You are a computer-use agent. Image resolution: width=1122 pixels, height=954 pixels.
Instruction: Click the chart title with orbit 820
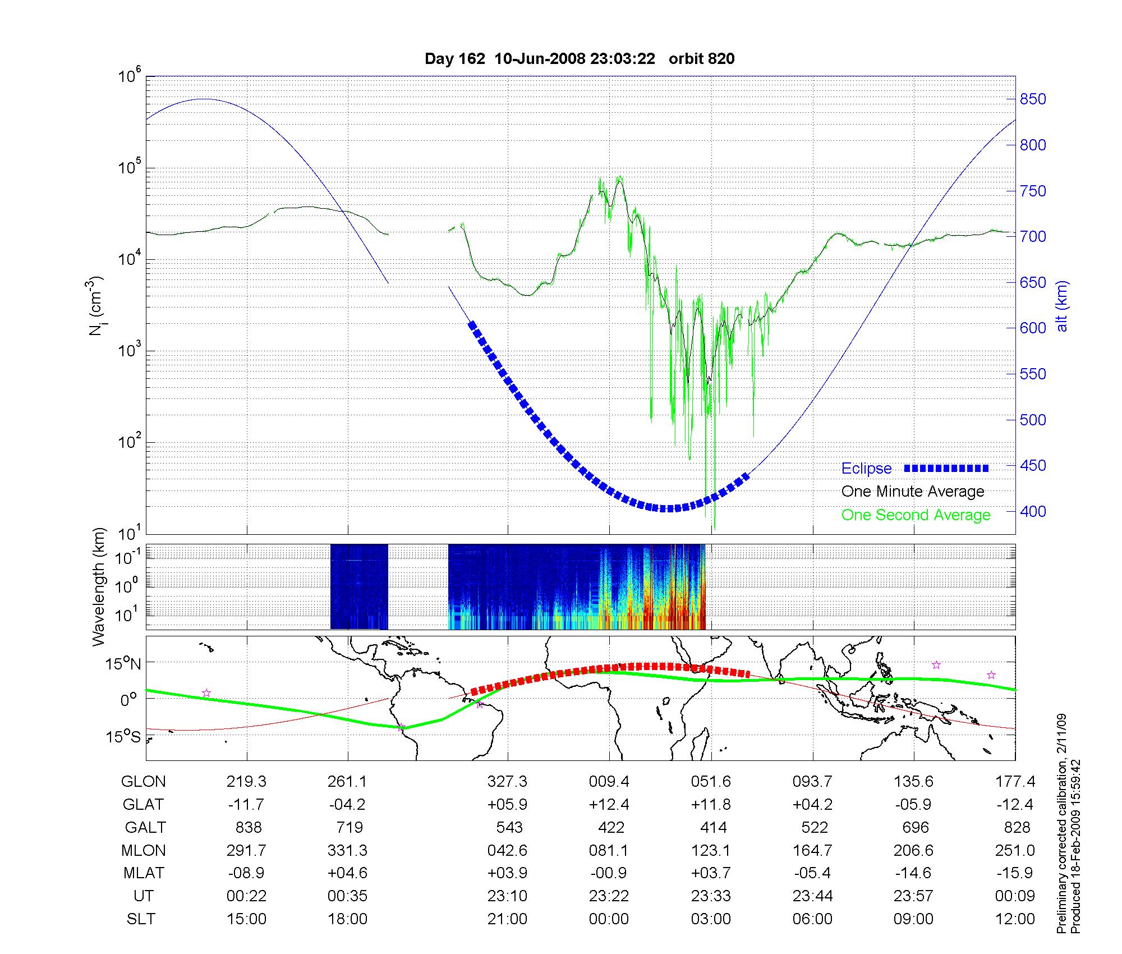point(580,59)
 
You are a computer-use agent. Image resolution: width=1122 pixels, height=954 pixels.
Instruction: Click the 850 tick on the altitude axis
point(1033,99)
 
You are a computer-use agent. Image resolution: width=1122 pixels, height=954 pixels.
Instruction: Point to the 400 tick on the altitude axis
point(1033,512)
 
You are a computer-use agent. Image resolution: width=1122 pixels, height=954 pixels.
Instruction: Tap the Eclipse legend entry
point(866,469)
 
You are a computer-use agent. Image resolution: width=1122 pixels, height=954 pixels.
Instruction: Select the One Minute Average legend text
point(913,492)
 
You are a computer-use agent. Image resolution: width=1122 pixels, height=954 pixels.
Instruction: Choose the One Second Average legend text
point(916,515)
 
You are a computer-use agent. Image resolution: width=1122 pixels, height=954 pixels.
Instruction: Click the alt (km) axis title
point(1062,306)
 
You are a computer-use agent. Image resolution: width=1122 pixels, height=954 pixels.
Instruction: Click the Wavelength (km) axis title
point(99,586)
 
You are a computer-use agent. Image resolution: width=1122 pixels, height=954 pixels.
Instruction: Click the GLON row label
point(143,782)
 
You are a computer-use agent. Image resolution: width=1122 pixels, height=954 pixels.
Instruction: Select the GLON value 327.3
point(508,782)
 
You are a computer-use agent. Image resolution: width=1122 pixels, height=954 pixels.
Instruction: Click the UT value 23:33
point(711,896)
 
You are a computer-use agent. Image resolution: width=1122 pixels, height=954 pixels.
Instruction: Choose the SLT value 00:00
point(609,919)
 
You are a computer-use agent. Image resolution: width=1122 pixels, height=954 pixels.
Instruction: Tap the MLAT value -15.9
point(1015,873)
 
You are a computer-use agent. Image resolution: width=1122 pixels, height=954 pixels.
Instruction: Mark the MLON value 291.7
point(246,851)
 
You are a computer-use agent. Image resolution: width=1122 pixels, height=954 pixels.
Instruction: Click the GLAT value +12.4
point(609,805)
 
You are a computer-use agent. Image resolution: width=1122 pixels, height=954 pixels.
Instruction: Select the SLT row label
point(140,919)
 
